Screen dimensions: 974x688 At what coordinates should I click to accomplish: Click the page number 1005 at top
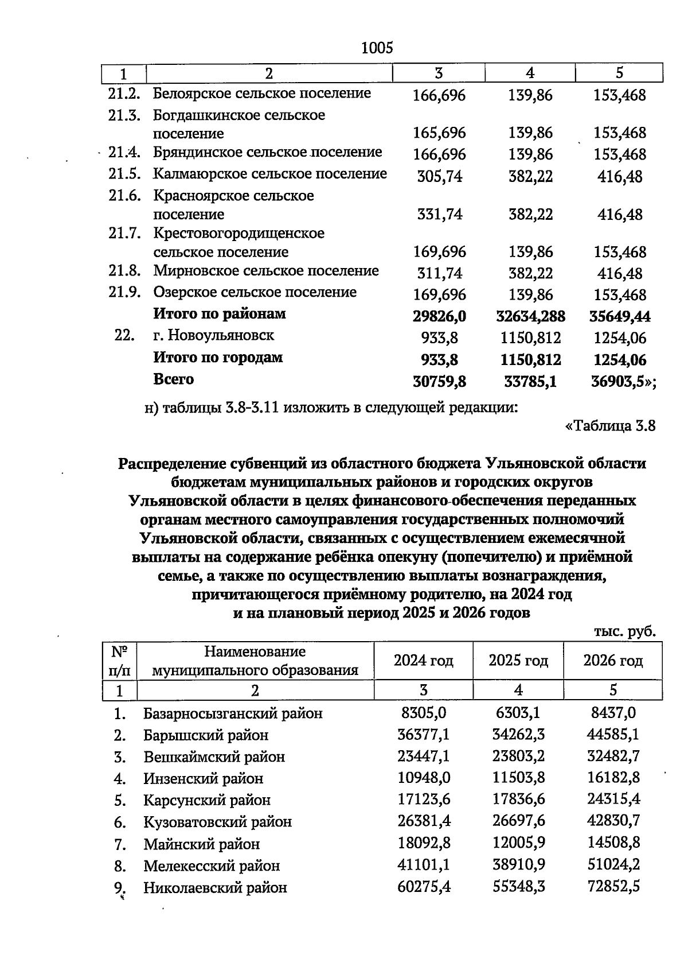click(377, 48)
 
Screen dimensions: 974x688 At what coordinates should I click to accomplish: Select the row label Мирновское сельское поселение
click(265, 271)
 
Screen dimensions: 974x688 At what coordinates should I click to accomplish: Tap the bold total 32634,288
click(530, 316)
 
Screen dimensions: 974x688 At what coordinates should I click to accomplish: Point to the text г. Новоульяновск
click(213, 335)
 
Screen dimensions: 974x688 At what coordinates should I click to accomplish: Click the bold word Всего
click(173, 379)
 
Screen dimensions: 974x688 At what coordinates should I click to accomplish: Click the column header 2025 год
click(518, 661)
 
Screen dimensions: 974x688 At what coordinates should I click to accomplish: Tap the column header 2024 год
click(423, 661)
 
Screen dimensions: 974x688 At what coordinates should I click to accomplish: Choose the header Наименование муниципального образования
click(255, 661)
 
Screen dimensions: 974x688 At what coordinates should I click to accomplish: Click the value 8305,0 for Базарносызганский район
click(424, 713)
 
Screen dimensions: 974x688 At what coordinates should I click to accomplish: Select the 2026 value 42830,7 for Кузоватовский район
click(613, 821)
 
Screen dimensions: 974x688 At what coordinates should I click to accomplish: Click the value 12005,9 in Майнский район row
click(518, 843)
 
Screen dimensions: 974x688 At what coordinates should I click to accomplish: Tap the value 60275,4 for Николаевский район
click(424, 887)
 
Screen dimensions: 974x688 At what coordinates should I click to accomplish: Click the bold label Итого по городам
click(217, 358)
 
